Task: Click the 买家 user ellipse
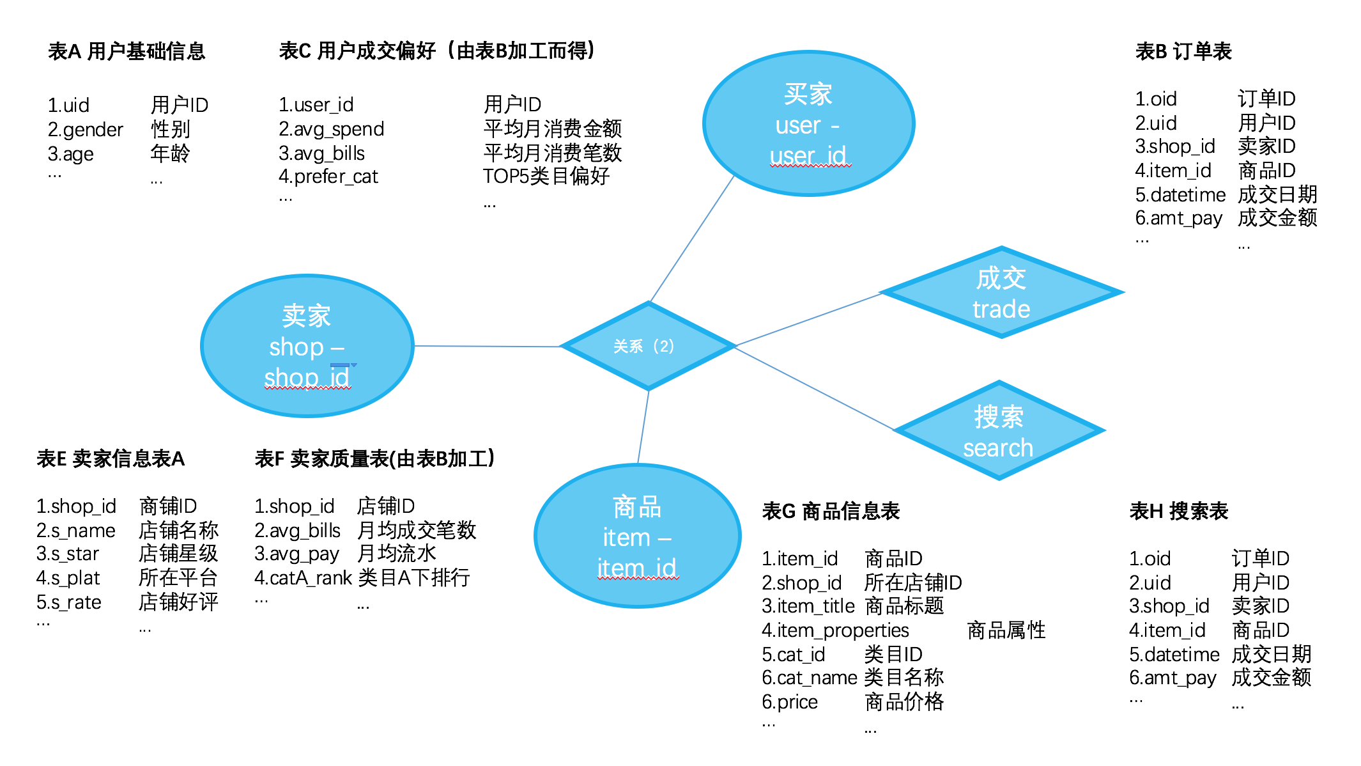[808, 123]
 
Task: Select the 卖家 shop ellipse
[307, 346]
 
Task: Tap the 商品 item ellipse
[637, 536]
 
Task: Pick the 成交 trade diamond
[1001, 293]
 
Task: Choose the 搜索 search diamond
[999, 430]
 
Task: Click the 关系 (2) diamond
[647, 346]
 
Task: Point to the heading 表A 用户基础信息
[127, 51]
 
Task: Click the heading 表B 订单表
[1183, 51]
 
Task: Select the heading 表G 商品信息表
[831, 511]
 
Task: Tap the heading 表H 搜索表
[1178, 511]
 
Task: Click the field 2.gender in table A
[85, 130]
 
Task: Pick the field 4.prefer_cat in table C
[328, 176]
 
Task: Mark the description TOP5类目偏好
[546, 176]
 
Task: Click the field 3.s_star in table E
[68, 554]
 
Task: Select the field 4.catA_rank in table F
[303, 578]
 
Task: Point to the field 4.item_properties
[834, 630]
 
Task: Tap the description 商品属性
[1006, 630]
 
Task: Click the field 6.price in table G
[790, 702]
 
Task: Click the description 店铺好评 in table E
[178, 602]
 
